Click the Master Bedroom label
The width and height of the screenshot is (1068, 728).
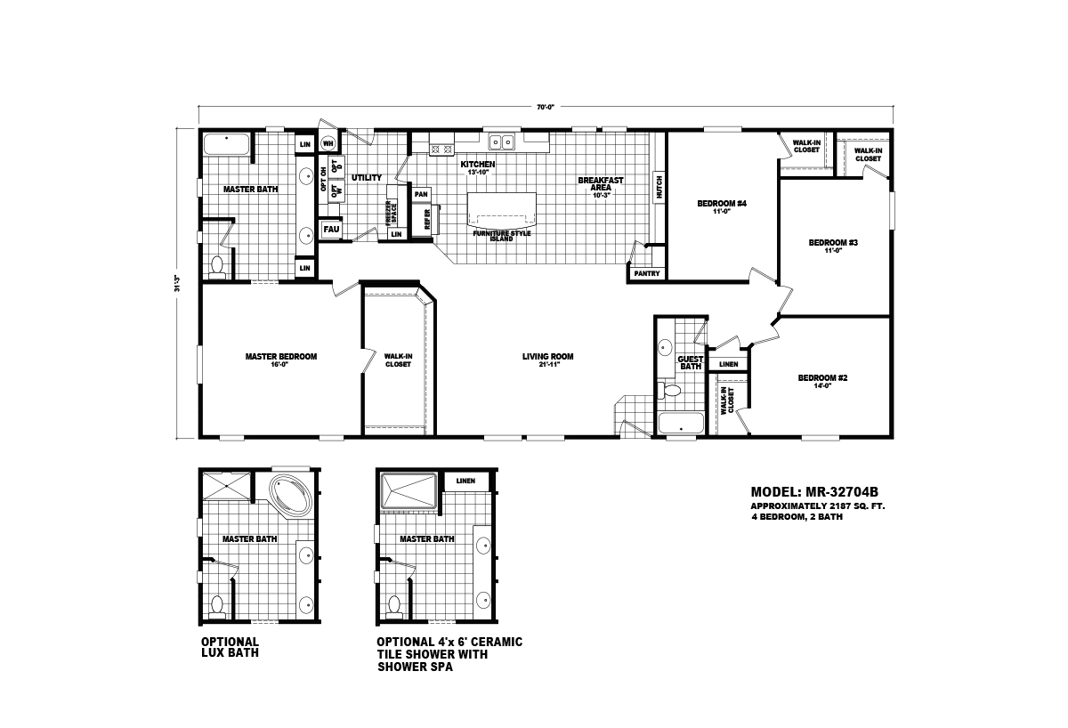tap(280, 357)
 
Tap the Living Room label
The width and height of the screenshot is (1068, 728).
tap(547, 357)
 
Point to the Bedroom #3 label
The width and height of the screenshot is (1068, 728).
tap(832, 242)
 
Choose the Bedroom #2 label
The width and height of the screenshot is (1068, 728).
tap(822, 378)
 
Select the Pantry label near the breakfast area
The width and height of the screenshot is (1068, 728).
tap(647, 273)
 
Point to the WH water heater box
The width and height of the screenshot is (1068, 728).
tap(328, 143)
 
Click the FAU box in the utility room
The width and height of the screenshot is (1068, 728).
tap(330, 229)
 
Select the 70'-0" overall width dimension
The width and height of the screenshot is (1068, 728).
tap(546, 107)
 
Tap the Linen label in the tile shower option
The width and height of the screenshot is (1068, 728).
tap(465, 481)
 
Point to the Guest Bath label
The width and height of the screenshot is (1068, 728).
tap(691, 363)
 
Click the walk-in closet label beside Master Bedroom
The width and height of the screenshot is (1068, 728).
tap(398, 360)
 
